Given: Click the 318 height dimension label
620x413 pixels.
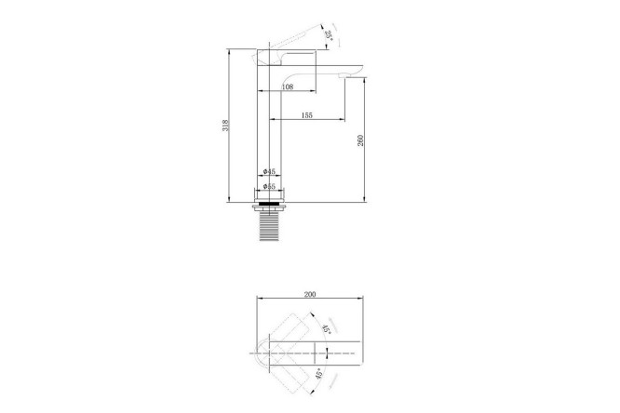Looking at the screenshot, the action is [x=226, y=126].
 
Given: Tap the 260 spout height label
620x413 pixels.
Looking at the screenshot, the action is [x=360, y=140].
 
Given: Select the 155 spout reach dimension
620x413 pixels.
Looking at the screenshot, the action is [x=307, y=115].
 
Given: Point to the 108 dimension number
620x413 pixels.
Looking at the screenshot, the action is [x=288, y=87].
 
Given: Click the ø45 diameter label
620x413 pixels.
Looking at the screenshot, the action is [x=269, y=171].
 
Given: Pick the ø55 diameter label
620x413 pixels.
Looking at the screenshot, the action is [x=269, y=186].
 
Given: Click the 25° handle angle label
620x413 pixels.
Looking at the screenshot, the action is [x=329, y=34].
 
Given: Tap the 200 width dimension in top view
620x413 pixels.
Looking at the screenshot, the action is [x=310, y=295].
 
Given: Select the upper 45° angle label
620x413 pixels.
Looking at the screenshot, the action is [x=326, y=329].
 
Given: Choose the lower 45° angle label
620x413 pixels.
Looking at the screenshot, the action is [x=319, y=374].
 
